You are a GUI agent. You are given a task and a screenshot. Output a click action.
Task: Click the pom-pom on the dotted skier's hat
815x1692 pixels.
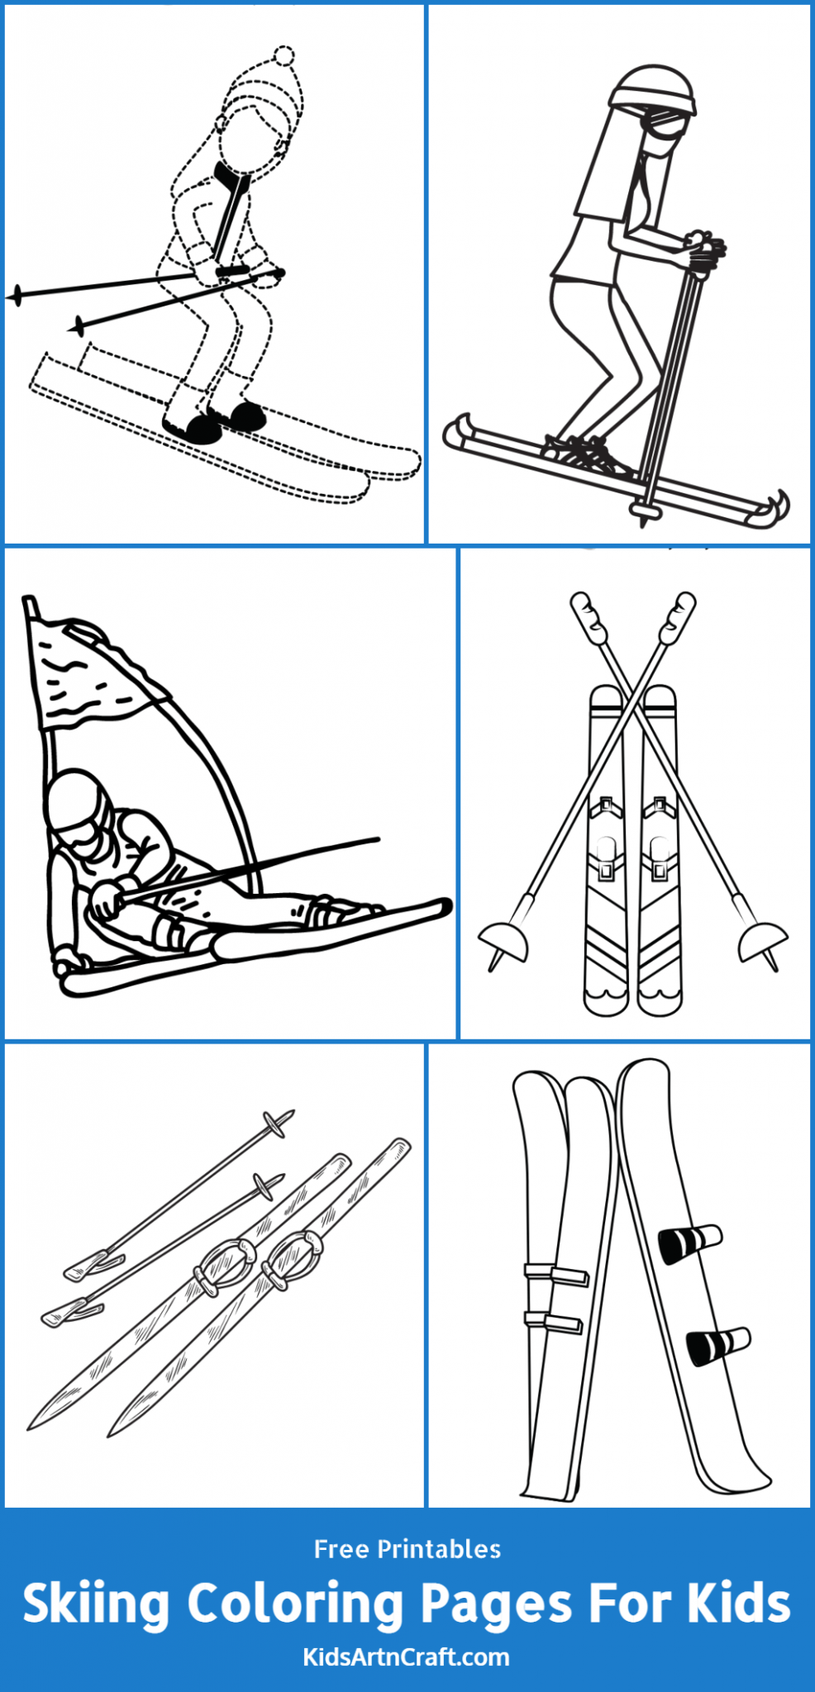[x=284, y=56]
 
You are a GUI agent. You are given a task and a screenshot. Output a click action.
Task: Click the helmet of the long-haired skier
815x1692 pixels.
[x=653, y=87]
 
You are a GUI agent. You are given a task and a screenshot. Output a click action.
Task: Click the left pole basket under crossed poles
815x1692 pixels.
[x=502, y=943]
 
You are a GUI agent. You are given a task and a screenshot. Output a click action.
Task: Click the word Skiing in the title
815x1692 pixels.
[x=96, y=1604]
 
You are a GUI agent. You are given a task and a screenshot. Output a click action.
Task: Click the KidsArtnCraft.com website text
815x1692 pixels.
[x=407, y=1656]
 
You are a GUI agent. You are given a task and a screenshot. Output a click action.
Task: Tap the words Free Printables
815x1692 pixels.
[x=407, y=1549]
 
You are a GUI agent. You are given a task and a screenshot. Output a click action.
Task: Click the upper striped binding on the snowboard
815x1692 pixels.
[x=689, y=1243]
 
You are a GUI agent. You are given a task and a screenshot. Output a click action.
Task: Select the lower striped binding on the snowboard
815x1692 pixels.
[x=717, y=1343]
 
